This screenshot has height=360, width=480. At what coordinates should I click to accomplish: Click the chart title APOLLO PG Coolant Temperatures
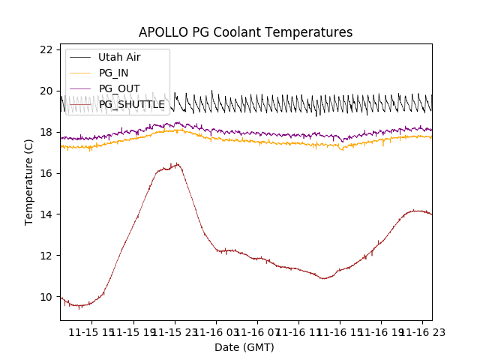tap(245, 32)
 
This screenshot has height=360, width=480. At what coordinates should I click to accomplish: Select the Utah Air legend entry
tap(119, 57)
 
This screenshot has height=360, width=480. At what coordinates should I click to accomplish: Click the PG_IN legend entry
tap(113, 73)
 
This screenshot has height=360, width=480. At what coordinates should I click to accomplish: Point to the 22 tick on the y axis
tap(46, 49)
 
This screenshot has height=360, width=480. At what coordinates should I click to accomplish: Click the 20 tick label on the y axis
tap(46, 91)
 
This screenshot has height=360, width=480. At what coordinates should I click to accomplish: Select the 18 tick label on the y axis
tap(46, 132)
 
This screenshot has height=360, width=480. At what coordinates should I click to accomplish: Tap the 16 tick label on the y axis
tap(46, 173)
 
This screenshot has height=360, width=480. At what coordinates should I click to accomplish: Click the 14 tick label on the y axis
tap(46, 214)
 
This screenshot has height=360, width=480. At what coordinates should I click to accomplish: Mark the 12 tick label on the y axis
tap(46, 256)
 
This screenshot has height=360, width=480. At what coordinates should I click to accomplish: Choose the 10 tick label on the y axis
tap(46, 297)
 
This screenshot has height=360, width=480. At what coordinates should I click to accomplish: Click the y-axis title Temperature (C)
tap(29, 182)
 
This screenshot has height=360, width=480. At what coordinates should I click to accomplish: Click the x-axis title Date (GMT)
tap(244, 347)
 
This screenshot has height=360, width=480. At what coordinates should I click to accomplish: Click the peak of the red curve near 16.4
tap(176, 164)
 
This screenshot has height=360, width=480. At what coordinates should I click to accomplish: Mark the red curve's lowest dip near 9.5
tap(79, 307)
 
